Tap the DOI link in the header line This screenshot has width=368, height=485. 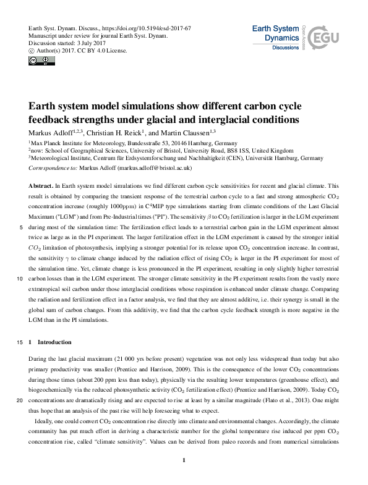[143, 28]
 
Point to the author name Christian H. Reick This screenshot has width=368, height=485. [114, 132]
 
